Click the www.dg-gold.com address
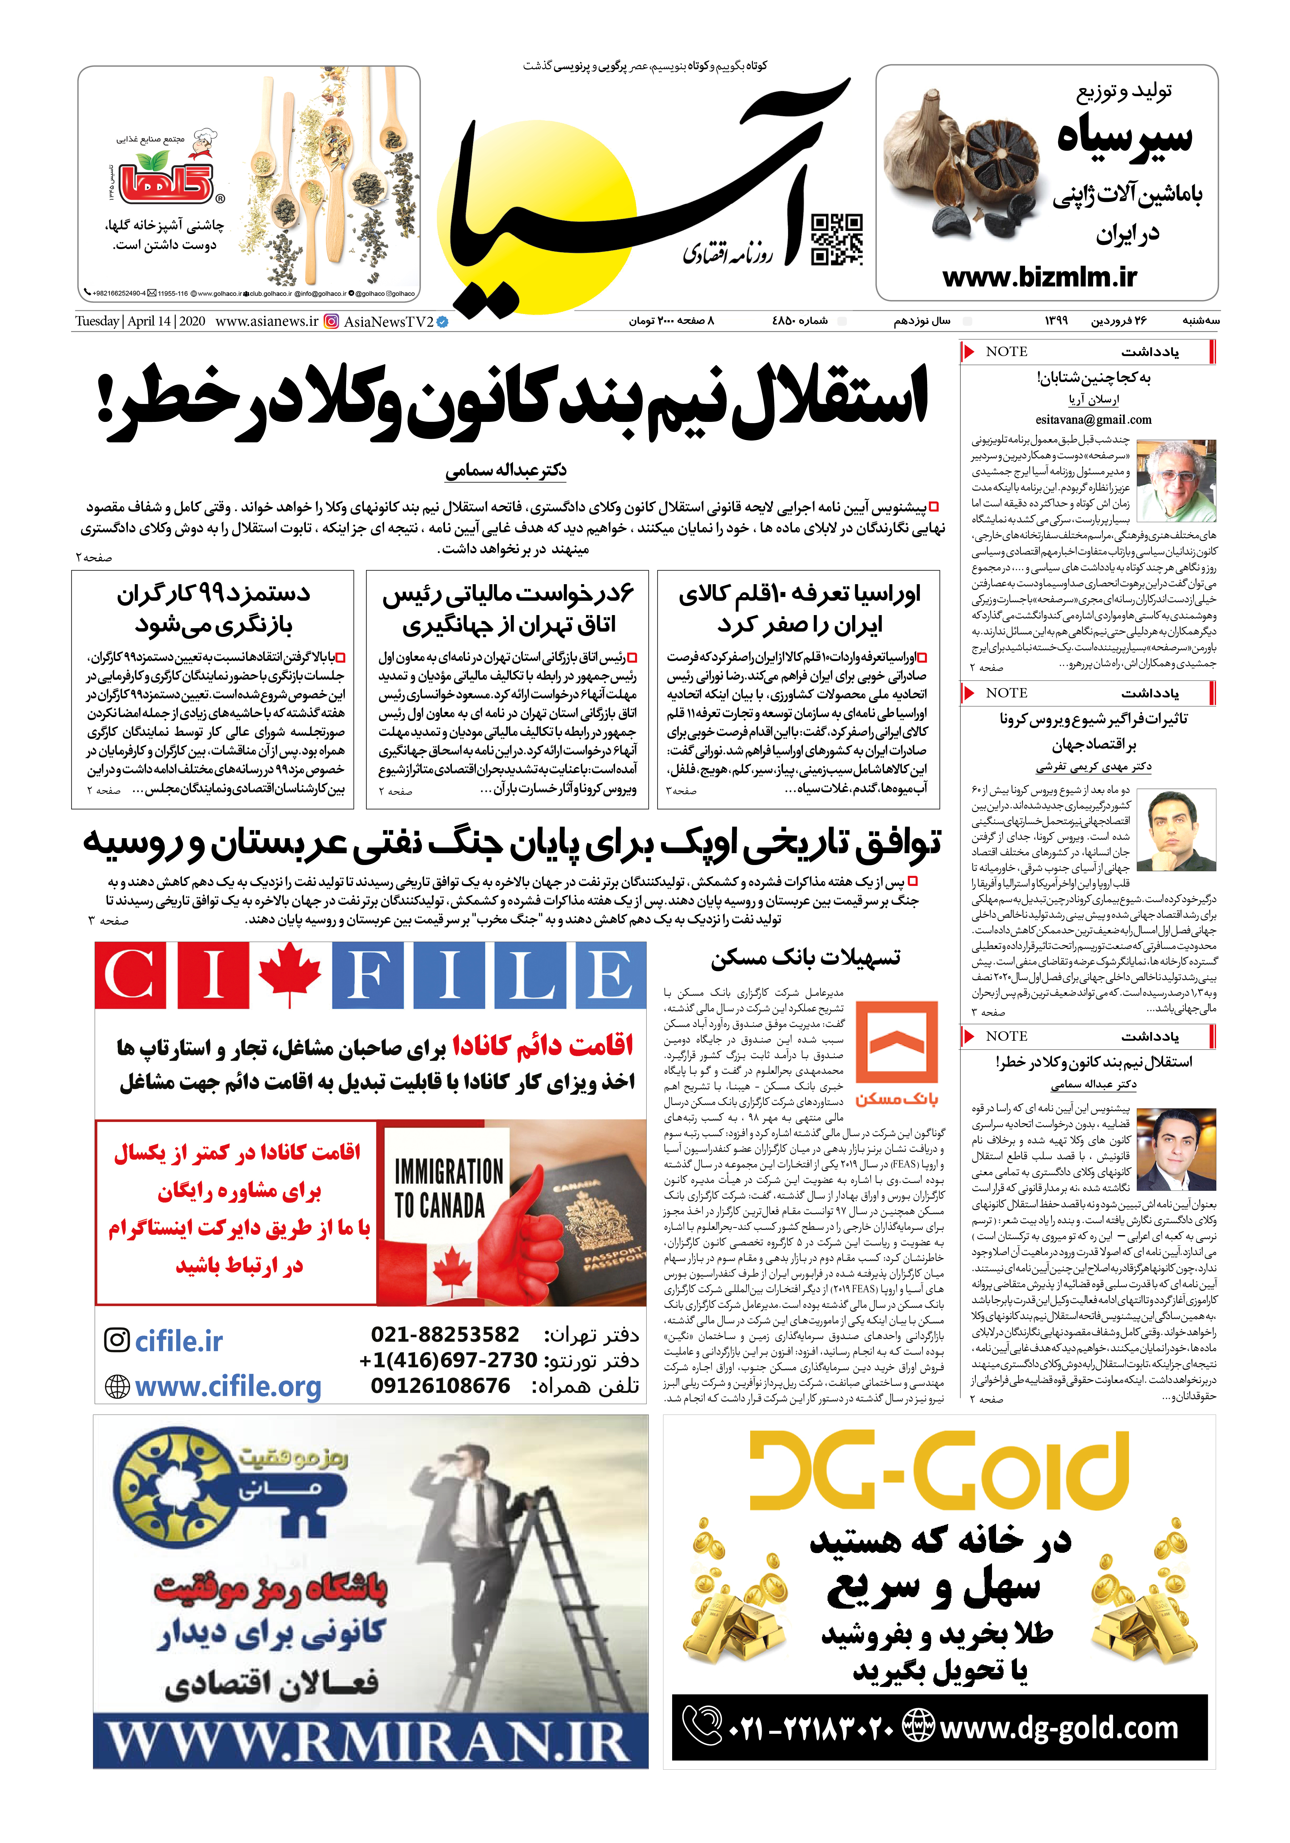pos(1058,1727)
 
